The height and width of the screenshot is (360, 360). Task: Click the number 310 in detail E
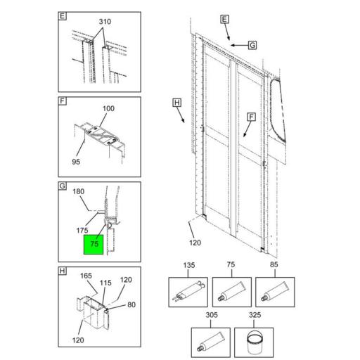click(x=105, y=22)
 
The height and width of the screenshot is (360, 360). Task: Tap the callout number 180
click(x=78, y=192)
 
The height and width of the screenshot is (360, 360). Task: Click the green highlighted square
click(x=94, y=244)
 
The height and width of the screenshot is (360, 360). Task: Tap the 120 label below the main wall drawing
click(x=195, y=243)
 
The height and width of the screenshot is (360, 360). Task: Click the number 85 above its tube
click(x=274, y=266)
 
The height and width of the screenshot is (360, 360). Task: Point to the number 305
click(x=211, y=315)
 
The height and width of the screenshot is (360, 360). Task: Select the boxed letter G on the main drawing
click(x=252, y=44)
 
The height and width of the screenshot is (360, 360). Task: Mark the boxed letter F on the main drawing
click(x=250, y=116)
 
